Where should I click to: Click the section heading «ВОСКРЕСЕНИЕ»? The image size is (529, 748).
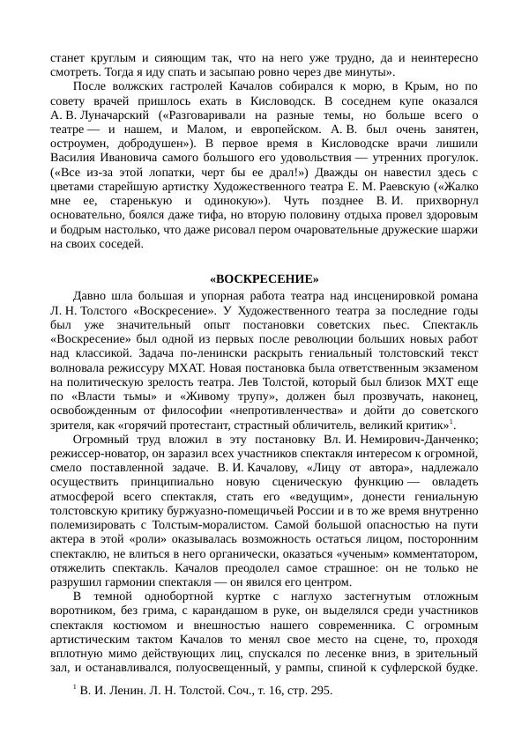pyautogui.click(x=264, y=279)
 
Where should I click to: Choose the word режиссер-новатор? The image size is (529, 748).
pyautogui.click(x=101, y=452)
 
